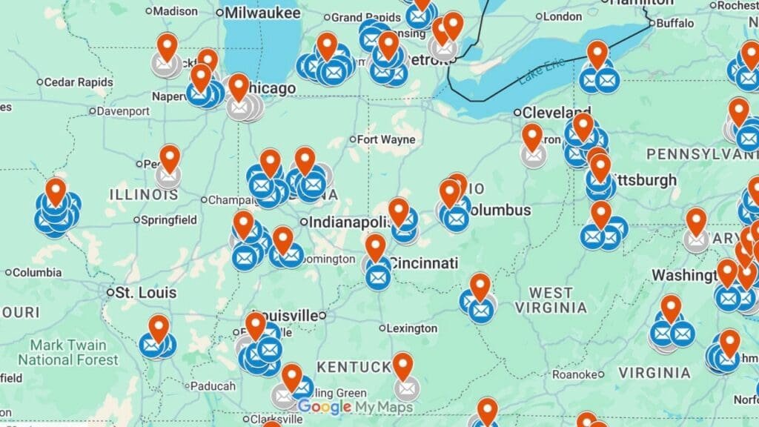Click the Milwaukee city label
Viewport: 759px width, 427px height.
pos(262,13)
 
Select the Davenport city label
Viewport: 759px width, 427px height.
pos(123,111)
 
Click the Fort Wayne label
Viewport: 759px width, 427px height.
pos(386,139)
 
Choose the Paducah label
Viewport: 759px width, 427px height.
pos(213,385)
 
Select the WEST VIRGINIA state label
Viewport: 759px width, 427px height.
pos(551,299)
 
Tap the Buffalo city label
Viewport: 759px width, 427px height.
pos(675,23)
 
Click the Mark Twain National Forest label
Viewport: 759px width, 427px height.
pos(68,352)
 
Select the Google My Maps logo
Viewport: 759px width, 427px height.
pos(355,406)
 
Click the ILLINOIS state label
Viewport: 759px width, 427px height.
pos(144,194)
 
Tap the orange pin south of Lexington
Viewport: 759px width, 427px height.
pos(402,366)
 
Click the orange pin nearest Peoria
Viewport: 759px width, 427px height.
pos(170,159)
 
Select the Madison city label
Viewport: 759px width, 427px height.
pos(176,11)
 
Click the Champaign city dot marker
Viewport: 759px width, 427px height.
pos(205,199)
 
